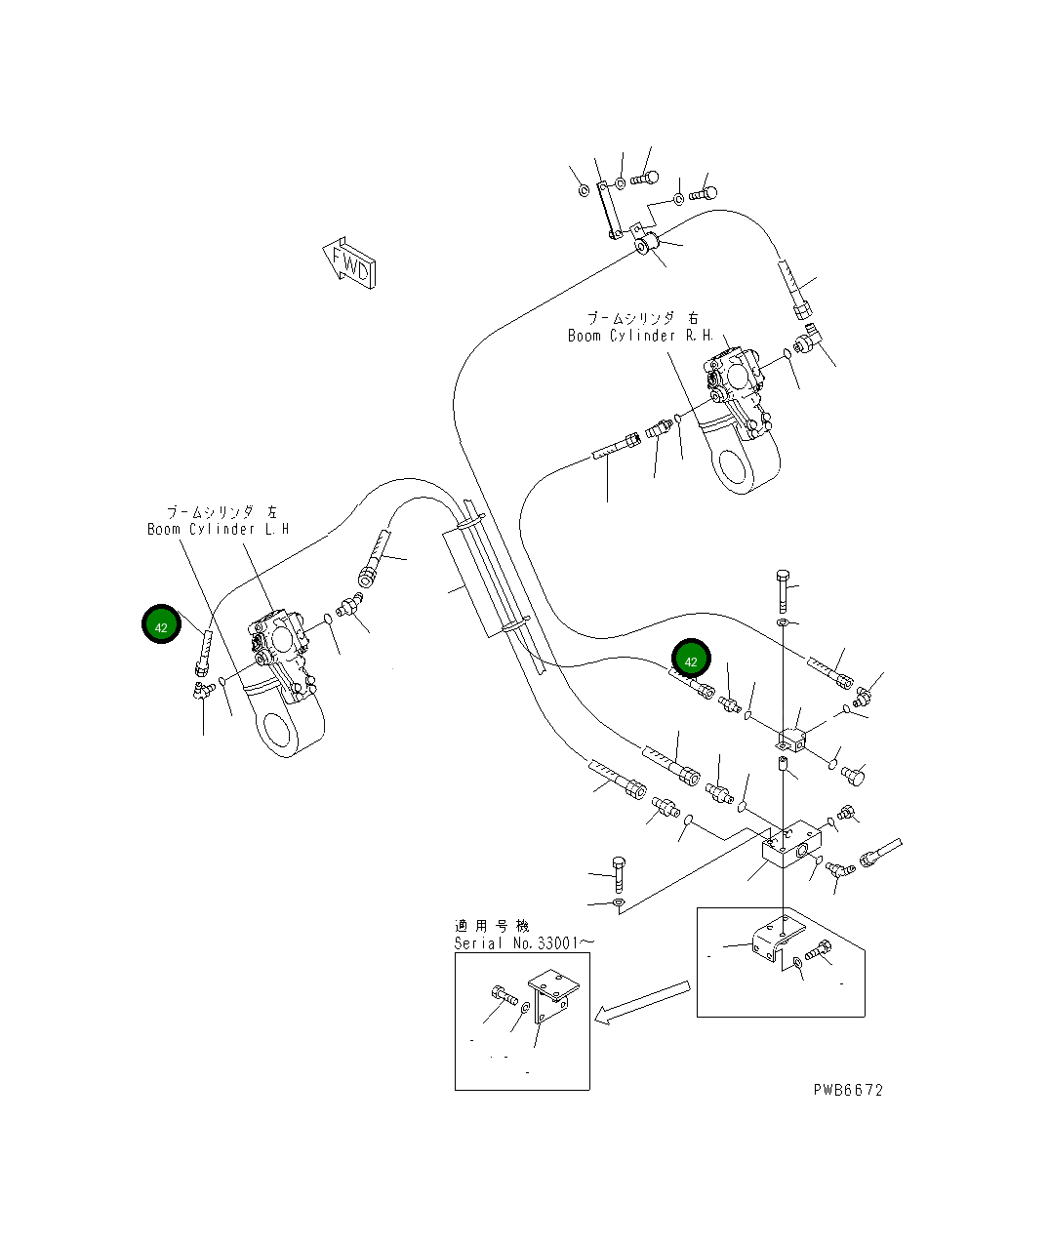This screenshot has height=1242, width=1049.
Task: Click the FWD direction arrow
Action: (x=348, y=261)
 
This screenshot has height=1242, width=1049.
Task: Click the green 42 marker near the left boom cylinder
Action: (x=161, y=625)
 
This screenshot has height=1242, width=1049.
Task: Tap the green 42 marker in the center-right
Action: (x=691, y=661)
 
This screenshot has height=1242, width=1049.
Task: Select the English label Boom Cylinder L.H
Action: (x=218, y=530)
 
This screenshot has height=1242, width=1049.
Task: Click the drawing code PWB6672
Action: (x=847, y=1090)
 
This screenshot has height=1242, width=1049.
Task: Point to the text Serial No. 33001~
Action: (x=523, y=943)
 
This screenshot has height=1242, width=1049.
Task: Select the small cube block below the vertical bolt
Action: (x=792, y=740)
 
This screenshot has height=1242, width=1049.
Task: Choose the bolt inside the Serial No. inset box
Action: (x=504, y=995)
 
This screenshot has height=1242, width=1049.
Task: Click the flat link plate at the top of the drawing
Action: (x=608, y=209)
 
